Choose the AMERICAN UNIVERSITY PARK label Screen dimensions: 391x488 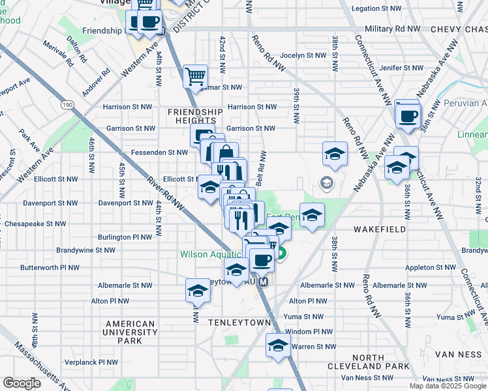[130, 332]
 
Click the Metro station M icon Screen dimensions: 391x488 [263, 282]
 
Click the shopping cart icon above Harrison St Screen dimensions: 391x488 [195, 77]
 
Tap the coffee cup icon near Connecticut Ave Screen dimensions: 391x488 [408, 117]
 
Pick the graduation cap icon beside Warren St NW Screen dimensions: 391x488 [278, 345]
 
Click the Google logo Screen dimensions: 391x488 [22, 383]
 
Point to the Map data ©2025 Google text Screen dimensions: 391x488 [448, 386]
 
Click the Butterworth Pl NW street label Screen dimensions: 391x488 [50, 267]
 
